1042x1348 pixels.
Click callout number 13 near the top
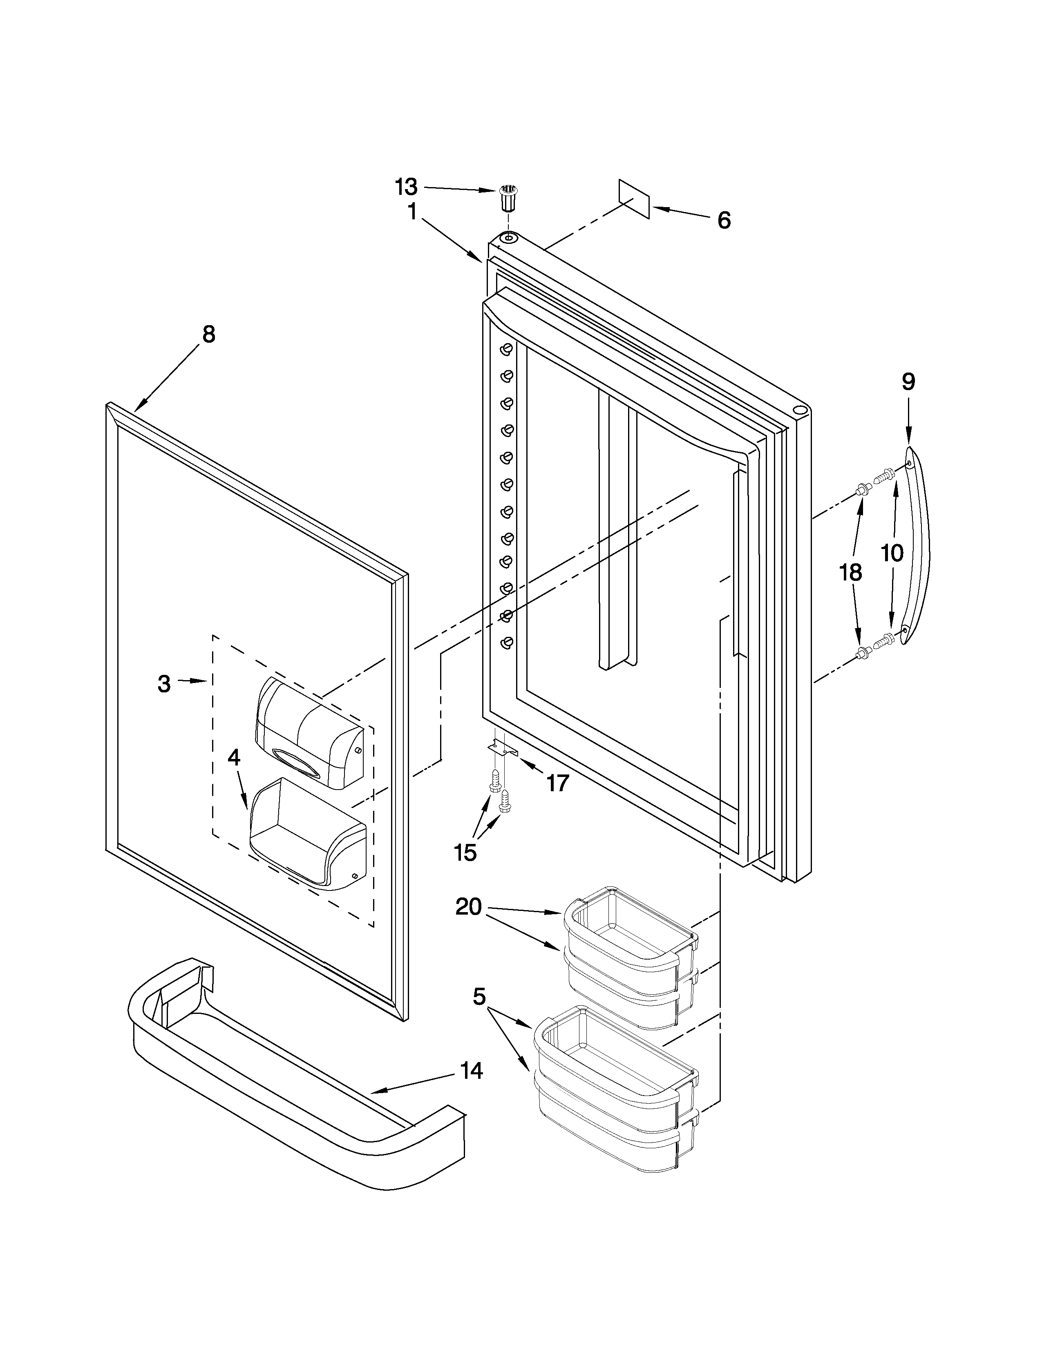406,186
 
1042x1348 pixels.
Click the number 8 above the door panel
209,335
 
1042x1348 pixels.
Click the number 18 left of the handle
851,573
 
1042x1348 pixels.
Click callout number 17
557,783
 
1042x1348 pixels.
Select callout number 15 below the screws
465,853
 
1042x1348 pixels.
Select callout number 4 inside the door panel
233,758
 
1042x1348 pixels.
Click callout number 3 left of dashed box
163,684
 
